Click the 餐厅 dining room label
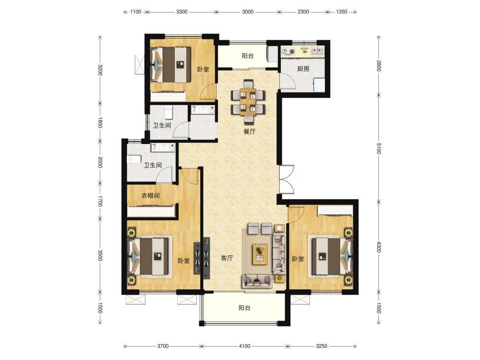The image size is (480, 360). coord(249,132)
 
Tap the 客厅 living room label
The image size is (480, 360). coord(227,258)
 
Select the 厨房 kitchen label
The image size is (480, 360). coord(303,69)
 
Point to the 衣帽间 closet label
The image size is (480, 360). coord(150,195)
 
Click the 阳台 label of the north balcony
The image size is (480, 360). coord(247,56)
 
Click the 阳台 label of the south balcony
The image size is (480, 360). coord(244,308)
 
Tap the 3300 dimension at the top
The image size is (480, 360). coord(181,12)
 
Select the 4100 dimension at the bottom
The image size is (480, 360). coord(244,346)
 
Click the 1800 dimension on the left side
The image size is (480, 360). coord(100,123)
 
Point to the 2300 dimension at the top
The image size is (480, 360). coord(303,12)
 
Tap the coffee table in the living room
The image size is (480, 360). coord(260,254)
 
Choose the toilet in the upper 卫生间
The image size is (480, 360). coord(168,112)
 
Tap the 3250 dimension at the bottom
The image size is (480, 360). coord(322,346)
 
